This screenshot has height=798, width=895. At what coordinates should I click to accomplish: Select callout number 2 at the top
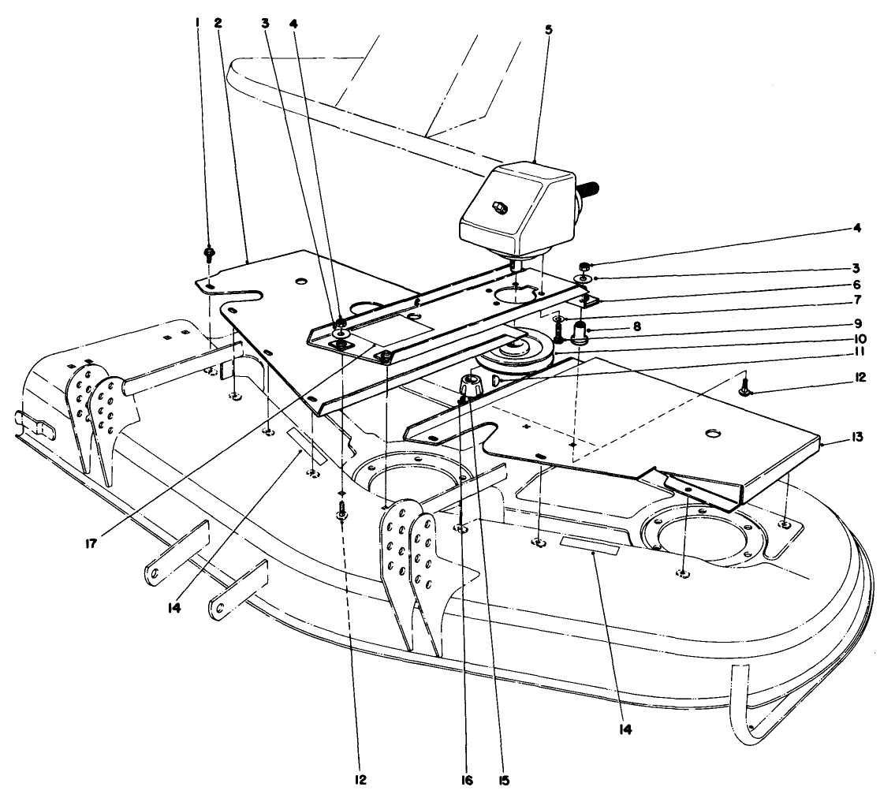click(218, 23)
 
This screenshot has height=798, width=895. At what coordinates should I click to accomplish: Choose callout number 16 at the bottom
click(468, 781)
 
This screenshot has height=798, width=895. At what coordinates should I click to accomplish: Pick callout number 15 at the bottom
click(504, 781)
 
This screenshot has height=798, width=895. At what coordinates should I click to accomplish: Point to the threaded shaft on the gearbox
click(590, 188)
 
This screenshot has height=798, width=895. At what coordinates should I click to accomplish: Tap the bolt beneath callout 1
click(210, 254)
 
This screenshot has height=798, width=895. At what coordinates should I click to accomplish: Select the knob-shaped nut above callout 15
click(472, 386)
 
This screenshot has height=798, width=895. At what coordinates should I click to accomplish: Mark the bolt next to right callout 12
click(744, 387)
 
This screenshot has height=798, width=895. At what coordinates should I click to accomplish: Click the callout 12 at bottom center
click(360, 781)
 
